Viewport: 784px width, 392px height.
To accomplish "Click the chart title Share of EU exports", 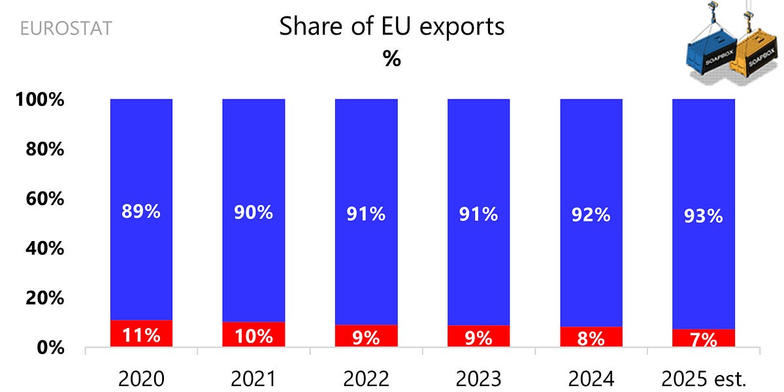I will [391, 27].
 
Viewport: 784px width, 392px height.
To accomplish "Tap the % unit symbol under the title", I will [391, 58].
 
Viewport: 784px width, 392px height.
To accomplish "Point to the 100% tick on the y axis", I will [41, 101].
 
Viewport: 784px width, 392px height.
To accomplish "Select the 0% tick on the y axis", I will [50, 348].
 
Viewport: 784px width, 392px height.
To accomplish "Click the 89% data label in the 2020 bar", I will [141, 212].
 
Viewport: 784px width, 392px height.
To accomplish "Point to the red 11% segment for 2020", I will [141, 334].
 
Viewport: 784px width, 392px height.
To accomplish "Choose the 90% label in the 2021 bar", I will [253, 212].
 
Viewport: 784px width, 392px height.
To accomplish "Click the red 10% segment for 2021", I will [253, 335].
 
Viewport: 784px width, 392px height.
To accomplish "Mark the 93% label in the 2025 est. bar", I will [704, 216].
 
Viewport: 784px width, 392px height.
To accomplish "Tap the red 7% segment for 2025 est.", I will [704, 338].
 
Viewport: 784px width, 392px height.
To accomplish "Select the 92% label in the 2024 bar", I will [591, 214].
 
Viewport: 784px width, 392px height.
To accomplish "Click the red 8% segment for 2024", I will [591, 337].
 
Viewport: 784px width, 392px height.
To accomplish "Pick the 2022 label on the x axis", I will [366, 378].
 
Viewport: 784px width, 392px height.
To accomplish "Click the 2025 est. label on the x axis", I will [704, 378].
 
